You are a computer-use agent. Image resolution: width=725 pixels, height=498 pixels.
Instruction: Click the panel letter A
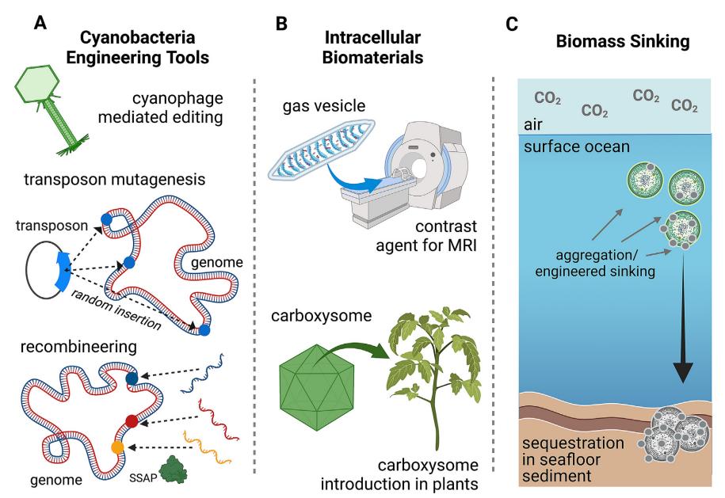pyautogui.click(x=40, y=23)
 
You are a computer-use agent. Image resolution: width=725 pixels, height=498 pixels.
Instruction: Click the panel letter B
pyautogui.click(x=280, y=23)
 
